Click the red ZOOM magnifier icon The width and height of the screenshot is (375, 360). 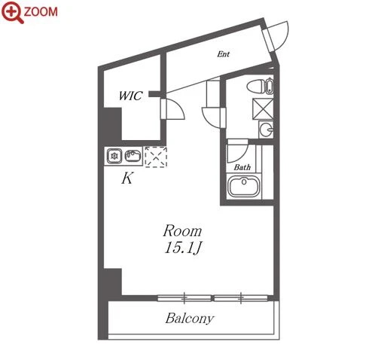(x=11, y=11)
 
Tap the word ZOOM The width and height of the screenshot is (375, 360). (x=41, y=12)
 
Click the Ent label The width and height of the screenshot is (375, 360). (x=223, y=54)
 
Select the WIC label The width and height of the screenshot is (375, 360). (x=130, y=96)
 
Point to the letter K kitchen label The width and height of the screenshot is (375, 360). (x=127, y=178)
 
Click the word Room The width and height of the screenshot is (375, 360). (x=182, y=231)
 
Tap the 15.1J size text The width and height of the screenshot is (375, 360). (x=182, y=248)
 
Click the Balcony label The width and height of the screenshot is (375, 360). (x=190, y=319)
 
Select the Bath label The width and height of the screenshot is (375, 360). (x=242, y=167)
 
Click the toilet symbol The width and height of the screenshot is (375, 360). (x=260, y=87)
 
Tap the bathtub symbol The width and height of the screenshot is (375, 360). (x=243, y=186)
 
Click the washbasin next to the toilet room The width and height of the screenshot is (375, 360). (x=266, y=130)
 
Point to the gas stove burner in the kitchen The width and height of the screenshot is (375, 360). (x=114, y=156)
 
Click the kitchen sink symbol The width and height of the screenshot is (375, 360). (x=133, y=156)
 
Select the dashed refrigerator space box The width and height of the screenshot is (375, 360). (x=156, y=157)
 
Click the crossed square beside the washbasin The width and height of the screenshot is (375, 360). (x=263, y=108)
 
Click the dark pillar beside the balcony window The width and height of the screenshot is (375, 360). (x=113, y=282)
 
